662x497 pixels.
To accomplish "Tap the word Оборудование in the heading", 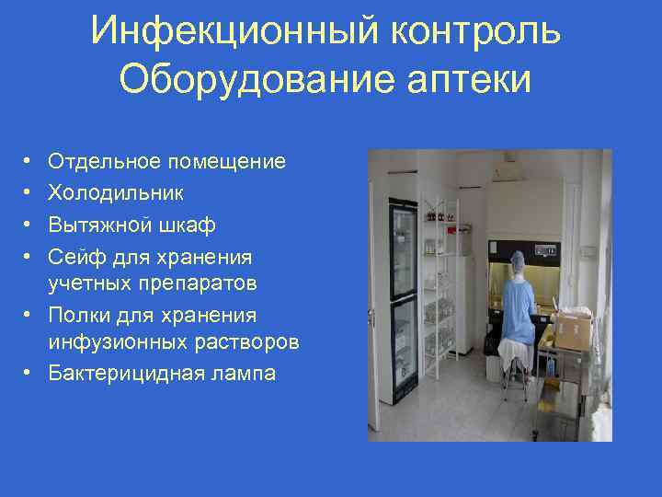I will (235, 79).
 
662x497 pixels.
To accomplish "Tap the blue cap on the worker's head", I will (517, 263).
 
